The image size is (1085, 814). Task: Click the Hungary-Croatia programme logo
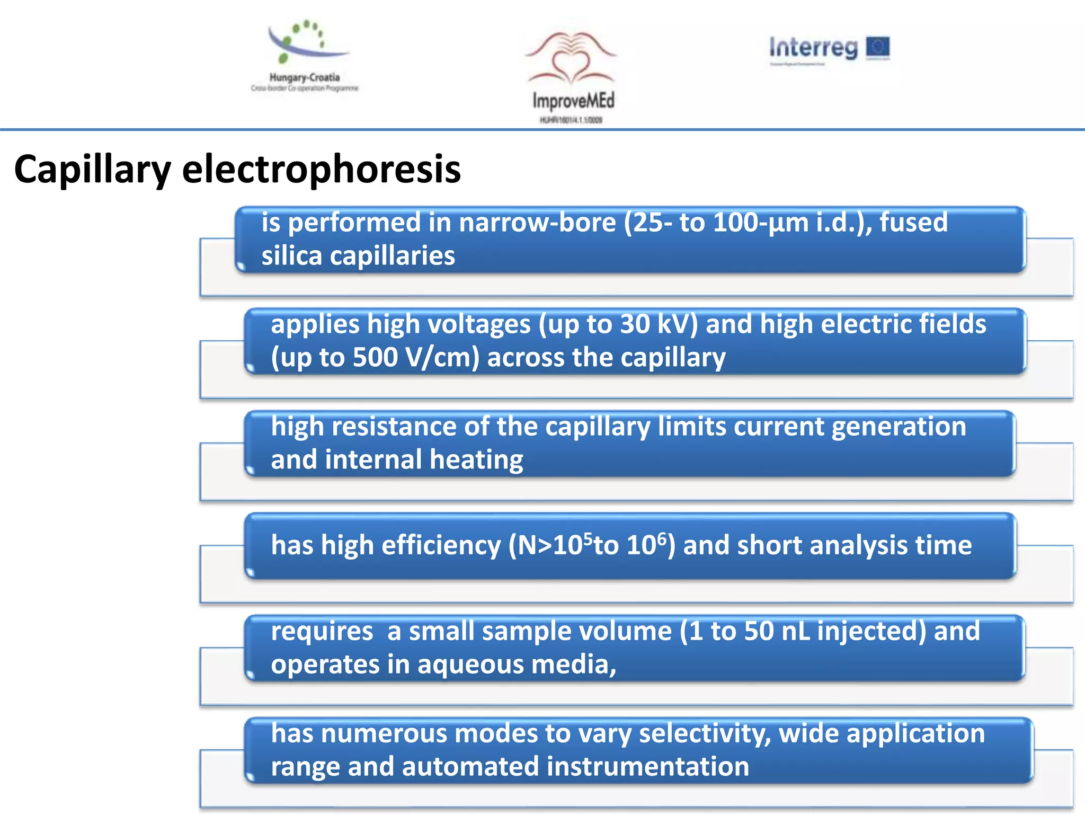(305, 56)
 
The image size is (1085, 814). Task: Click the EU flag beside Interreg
(878, 48)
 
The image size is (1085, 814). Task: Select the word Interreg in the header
(813, 48)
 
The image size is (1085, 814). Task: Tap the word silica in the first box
(291, 256)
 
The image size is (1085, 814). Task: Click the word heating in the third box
(476, 460)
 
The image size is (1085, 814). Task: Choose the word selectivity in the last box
(704, 734)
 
